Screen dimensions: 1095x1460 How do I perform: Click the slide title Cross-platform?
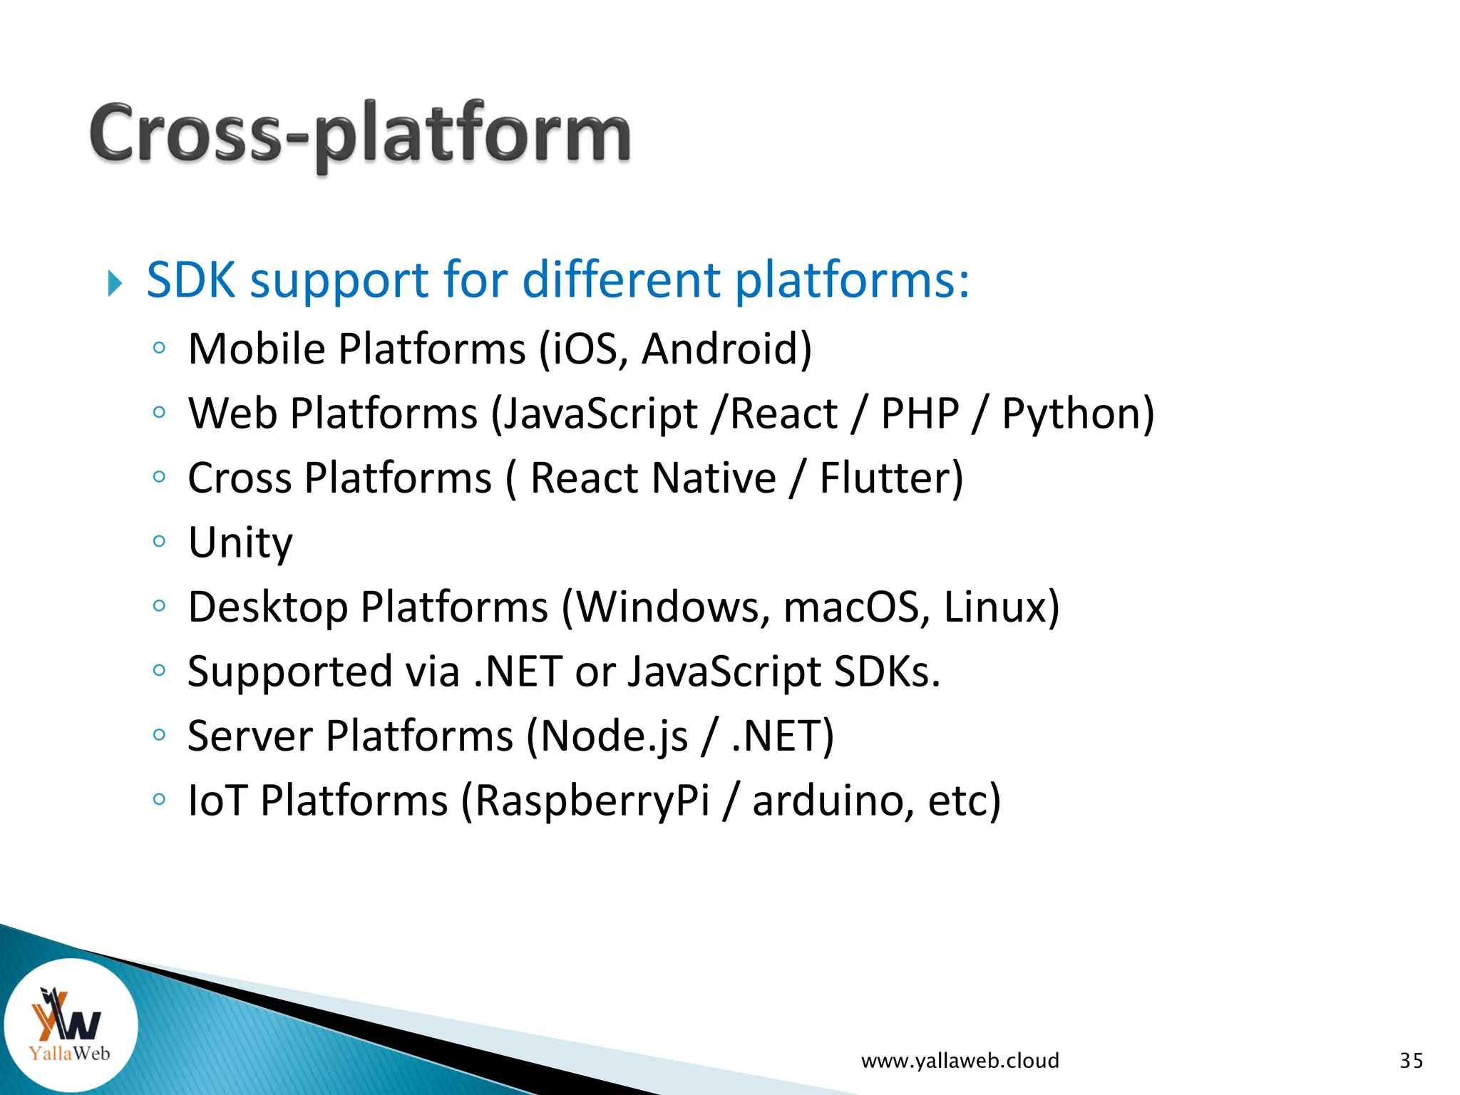[360, 134]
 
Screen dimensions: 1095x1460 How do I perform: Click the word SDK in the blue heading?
[190, 279]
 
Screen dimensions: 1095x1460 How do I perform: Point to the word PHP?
[920, 413]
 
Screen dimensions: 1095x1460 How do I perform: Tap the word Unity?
[240, 543]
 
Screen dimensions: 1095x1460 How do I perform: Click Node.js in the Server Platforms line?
[614, 736]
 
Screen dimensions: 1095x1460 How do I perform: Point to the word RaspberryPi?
[592, 801]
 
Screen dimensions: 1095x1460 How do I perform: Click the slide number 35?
[1411, 1061]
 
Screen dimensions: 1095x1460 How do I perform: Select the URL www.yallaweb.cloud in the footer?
[960, 1061]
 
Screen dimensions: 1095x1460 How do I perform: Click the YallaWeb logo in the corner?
[70, 1024]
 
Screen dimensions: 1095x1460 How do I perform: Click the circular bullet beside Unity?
[159, 541]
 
